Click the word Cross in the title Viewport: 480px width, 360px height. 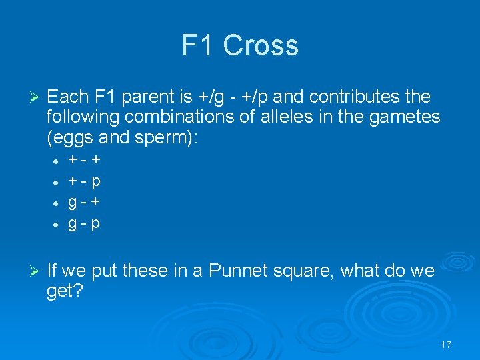[x=261, y=45]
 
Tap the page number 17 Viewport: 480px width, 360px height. [x=446, y=345]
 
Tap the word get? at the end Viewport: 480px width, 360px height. [x=65, y=291]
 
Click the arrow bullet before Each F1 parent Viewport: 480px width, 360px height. [x=36, y=97]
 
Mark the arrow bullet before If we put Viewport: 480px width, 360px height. [x=36, y=271]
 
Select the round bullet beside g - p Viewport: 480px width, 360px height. [x=56, y=223]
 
